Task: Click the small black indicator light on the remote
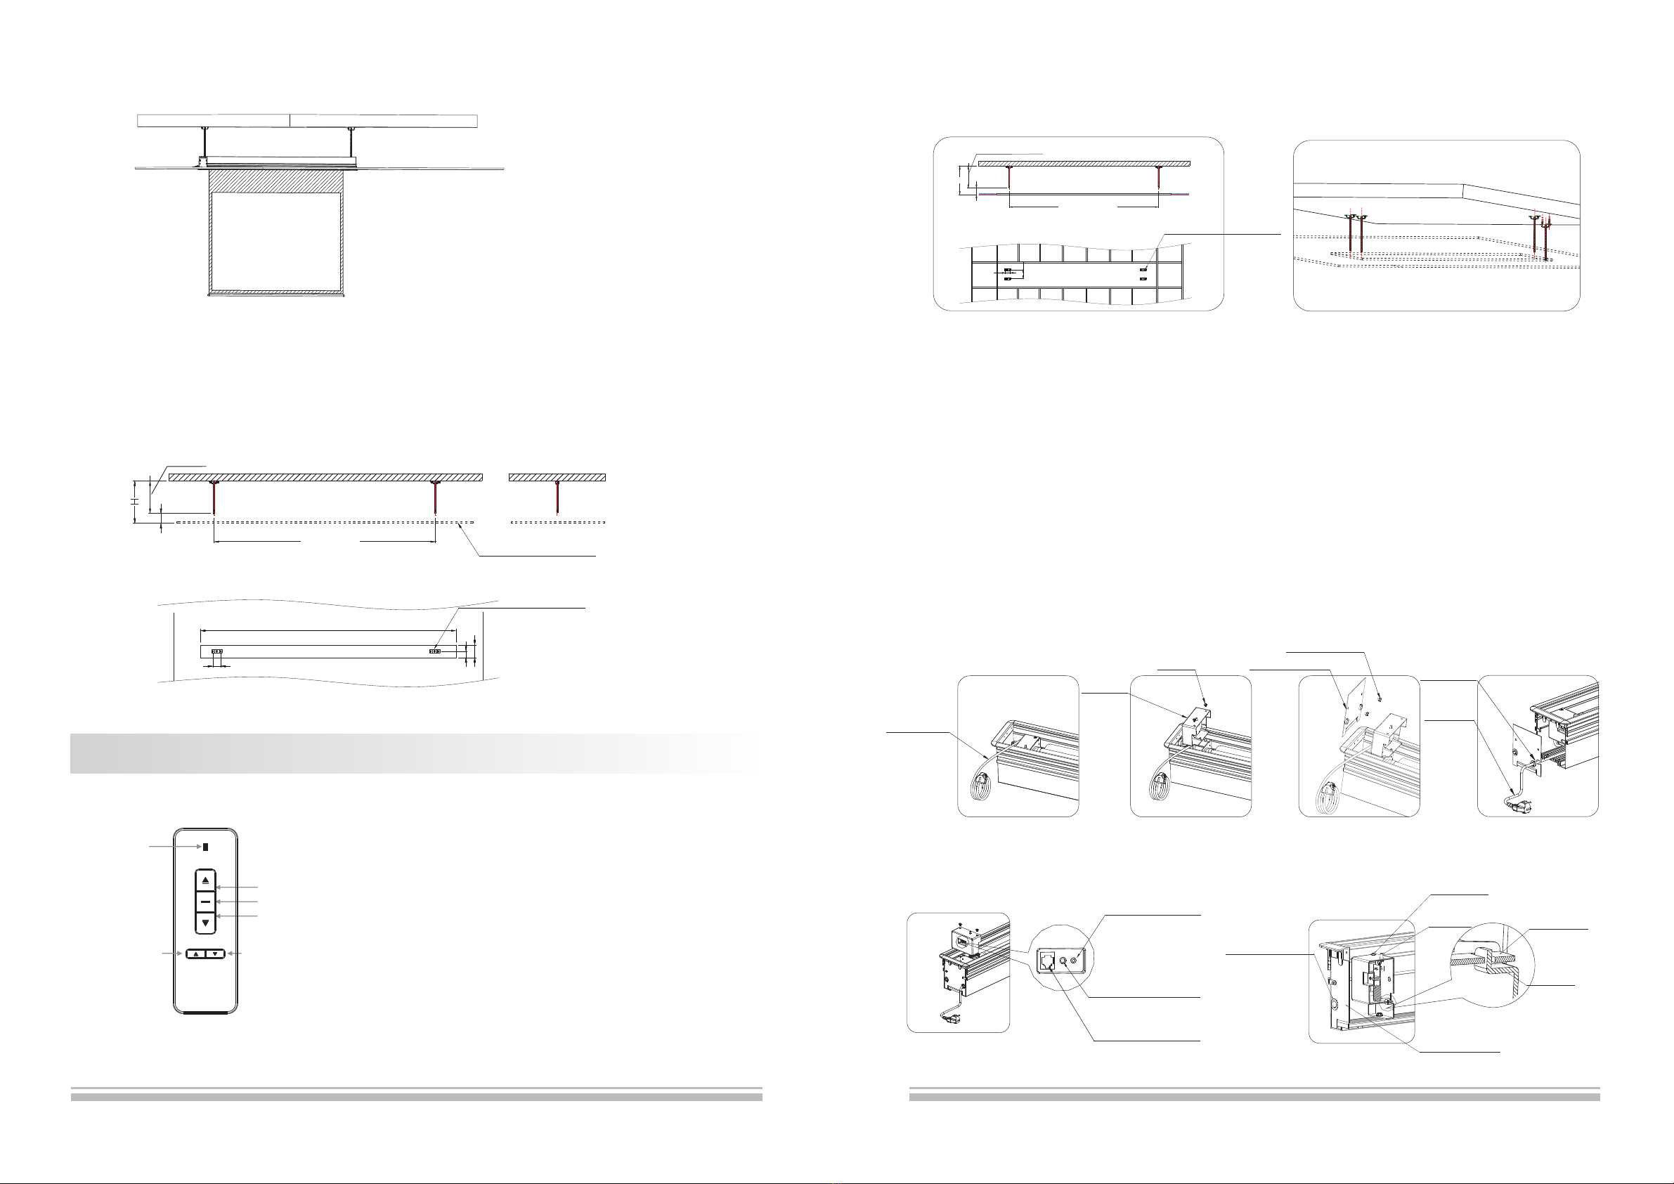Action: tap(205, 848)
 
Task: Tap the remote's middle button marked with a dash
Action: tap(206, 902)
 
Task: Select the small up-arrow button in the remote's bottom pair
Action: tap(196, 954)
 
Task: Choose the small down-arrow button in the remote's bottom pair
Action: tap(215, 954)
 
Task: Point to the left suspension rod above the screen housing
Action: tap(205, 143)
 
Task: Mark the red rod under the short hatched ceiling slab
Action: tap(558, 498)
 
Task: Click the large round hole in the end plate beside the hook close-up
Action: tap(1335, 1004)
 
